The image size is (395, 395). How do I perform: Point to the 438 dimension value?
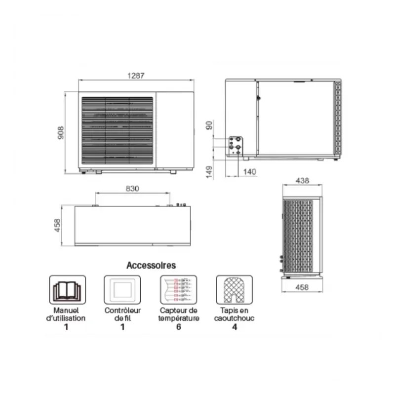tap(302, 181)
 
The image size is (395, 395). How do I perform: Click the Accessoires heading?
tap(151, 266)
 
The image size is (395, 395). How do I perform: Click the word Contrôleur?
tap(123, 311)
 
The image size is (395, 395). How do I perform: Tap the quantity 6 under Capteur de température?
tap(179, 327)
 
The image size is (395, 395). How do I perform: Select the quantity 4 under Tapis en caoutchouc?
tap(235, 327)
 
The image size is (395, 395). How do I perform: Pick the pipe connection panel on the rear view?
tap(235, 145)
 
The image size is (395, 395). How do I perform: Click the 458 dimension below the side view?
tap(302, 287)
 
